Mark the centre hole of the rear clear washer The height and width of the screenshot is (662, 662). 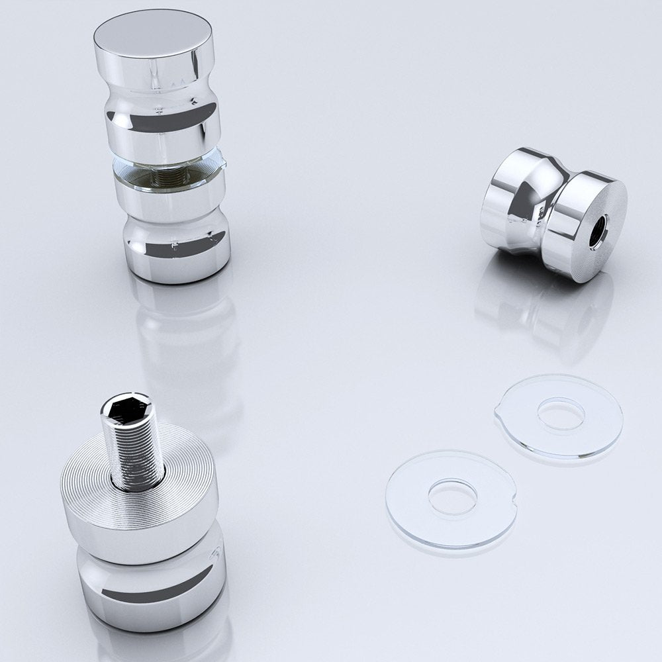point(561,412)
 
